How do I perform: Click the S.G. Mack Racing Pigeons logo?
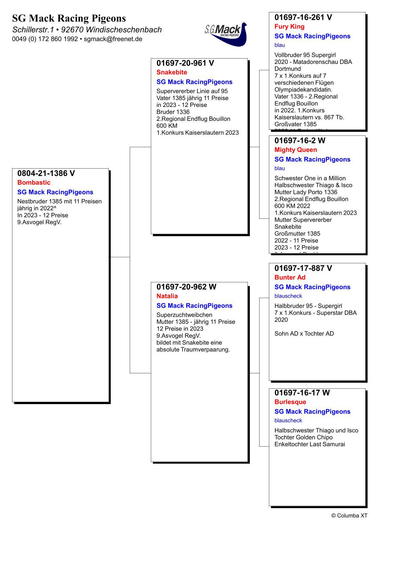[x=226, y=34]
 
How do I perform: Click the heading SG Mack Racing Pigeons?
[x=69, y=18]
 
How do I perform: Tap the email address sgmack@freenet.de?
[x=113, y=39]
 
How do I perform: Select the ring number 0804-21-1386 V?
[x=46, y=173]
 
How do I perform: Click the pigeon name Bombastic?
[x=34, y=183]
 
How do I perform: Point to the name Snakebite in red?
[x=172, y=72]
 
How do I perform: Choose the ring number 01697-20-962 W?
[x=186, y=287]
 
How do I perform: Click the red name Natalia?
[x=167, y=296]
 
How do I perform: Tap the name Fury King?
[x=289, y=27]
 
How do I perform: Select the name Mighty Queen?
[x=296, y=150]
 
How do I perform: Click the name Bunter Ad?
[x=290, y=277]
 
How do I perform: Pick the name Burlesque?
[x=290, y=402]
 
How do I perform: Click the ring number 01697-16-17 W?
[x=302, y=393]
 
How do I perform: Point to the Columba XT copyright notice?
[x=349, y=515]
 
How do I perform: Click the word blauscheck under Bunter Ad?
[x=288, y=296]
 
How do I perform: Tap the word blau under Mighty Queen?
[x=280, y=168]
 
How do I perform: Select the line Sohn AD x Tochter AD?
[x=304, y=334]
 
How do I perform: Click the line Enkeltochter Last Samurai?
[x=310, y=444]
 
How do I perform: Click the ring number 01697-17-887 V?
[x=303, y=268]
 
